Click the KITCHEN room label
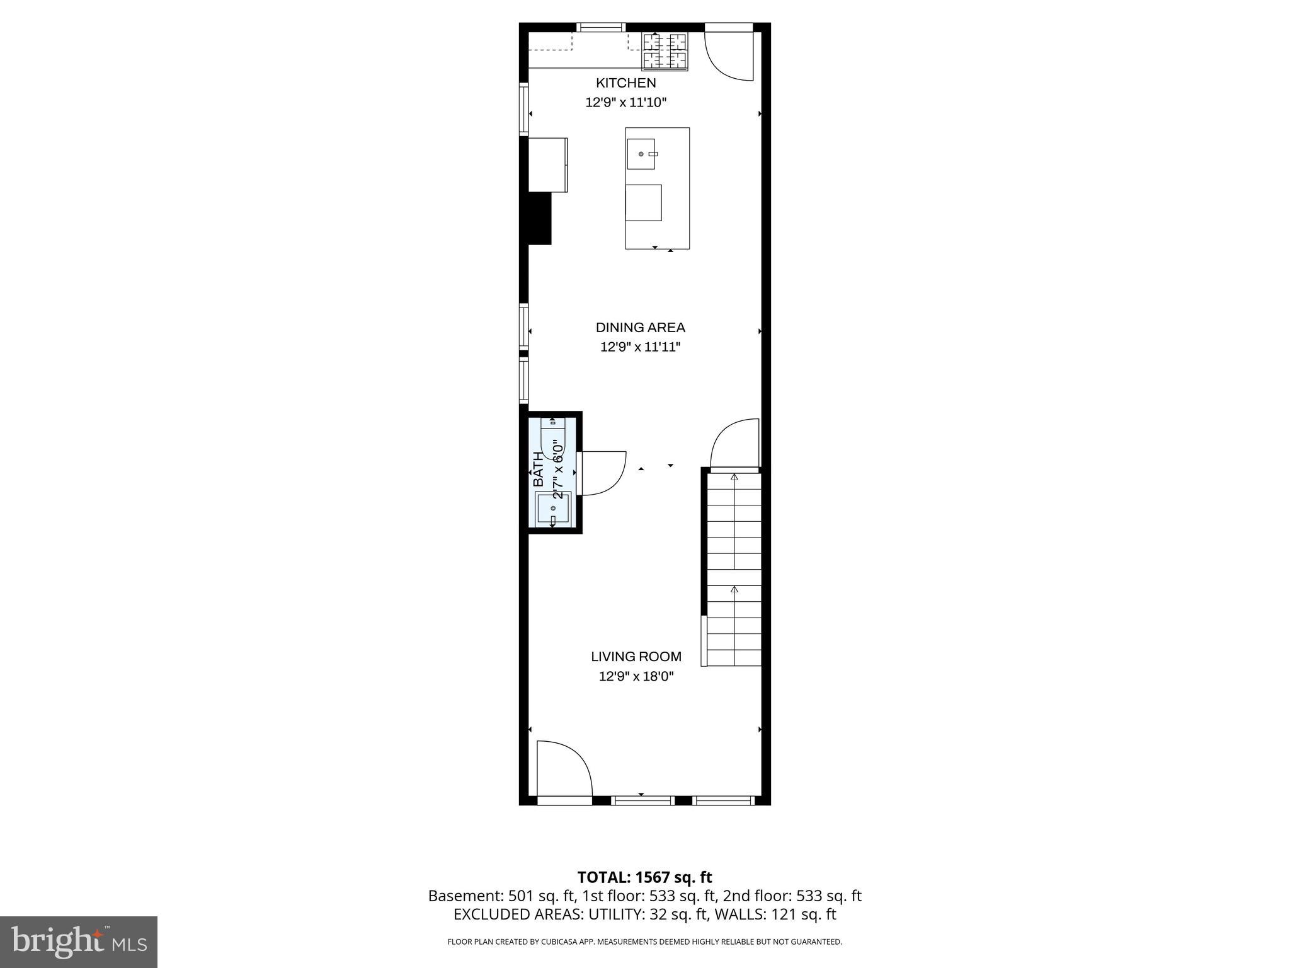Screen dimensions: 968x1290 pyautogui.click(x=625, y=83)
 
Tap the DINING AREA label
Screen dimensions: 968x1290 pyautogui.click(x=640, y=328)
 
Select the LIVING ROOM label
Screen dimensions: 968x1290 pyautogui.click(x=636, y=657)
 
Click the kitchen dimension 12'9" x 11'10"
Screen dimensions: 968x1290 pyautogui.click(x=625, y=102)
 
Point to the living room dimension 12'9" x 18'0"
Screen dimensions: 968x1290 pyautogui.click(x=636, y=677)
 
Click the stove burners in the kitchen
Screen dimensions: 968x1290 pyautogui.click(x=665, y=51)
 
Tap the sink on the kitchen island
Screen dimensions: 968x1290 pyautogui.click(x=641, y=154)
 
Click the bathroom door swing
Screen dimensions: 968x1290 pyautogui.click(x=602, y=473)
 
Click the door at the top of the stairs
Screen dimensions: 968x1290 pyautogui.click(x=734, y=445)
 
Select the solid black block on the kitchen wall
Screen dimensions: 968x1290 pyautogui.click(x=539, y=218)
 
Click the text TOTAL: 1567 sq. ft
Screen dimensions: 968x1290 pyautogui.click(x=644, y=877)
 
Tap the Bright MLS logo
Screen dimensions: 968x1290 pyautogui.click(x=79, y=942)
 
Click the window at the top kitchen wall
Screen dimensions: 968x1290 pyautogui.click(x=601, y=27)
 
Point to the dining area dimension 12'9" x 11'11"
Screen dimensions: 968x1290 pyautogui.click(x=640, y=347)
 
